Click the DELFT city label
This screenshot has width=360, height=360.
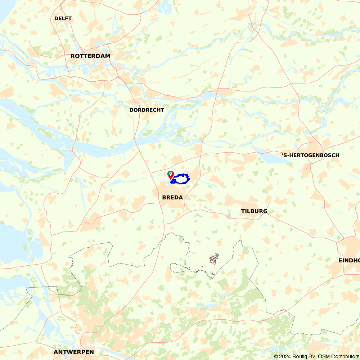click(63, 18)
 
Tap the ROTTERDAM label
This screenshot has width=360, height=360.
click(90, 56)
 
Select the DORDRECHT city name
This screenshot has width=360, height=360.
click(147, 110)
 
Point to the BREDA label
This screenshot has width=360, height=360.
click(172, 198)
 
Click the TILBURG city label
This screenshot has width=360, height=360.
click(254, 211)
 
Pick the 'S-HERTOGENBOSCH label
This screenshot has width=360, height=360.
click(310, 155)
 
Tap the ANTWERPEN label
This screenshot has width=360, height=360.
click(74, 352)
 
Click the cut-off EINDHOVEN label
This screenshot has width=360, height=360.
click(349, 260)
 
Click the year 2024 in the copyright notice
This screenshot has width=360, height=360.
click(284, 356)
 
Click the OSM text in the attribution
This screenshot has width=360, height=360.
click(323, 356)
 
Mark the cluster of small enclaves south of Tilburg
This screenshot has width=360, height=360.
click(214, 259)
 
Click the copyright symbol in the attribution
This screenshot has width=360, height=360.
click(276, 356)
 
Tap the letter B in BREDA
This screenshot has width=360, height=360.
click(164, 198)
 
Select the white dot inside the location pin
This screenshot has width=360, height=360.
click(171, 173)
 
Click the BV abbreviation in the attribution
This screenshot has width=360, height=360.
click(311, 356)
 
